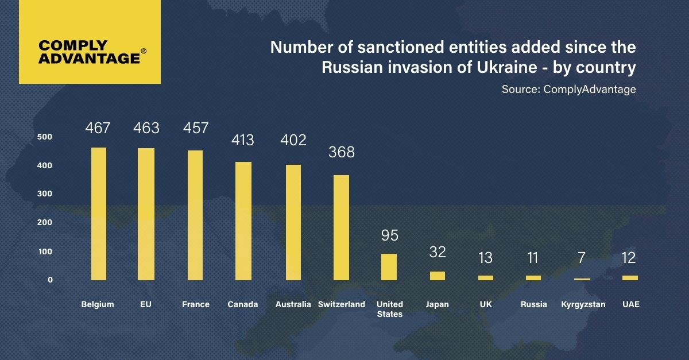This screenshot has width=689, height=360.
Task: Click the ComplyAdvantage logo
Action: [x=90, y=52]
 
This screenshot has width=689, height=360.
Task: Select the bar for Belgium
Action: [x=98, y=214]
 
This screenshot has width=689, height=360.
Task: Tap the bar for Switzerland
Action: [x=341, y=227]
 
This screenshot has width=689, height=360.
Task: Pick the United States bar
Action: [x=389, y=266]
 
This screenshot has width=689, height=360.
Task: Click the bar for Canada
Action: [x=243, y=221]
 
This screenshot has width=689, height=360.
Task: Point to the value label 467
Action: [x=98, y=127]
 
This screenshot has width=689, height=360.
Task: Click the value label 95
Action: [x=389, y=235]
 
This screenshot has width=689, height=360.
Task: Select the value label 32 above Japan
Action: [x=437, y=251]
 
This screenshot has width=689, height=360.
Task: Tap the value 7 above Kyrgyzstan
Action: [x=582, y=258]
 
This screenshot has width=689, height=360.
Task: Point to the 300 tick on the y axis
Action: [x=46, y=194]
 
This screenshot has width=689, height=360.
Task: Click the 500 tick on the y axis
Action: [x=46, y=137]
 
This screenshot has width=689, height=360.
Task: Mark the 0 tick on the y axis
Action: [x=51, y=280]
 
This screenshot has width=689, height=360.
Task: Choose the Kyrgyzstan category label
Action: [x=583, y=304]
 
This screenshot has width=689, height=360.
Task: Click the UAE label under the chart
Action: [x=630, y=304]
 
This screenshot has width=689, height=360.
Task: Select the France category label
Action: [x=196, y=304]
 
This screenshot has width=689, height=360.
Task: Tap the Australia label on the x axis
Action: [x=293, y=304]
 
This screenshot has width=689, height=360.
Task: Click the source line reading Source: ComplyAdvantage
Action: [x=568, y=89]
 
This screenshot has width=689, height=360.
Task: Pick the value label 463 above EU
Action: [x=146, y=127]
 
